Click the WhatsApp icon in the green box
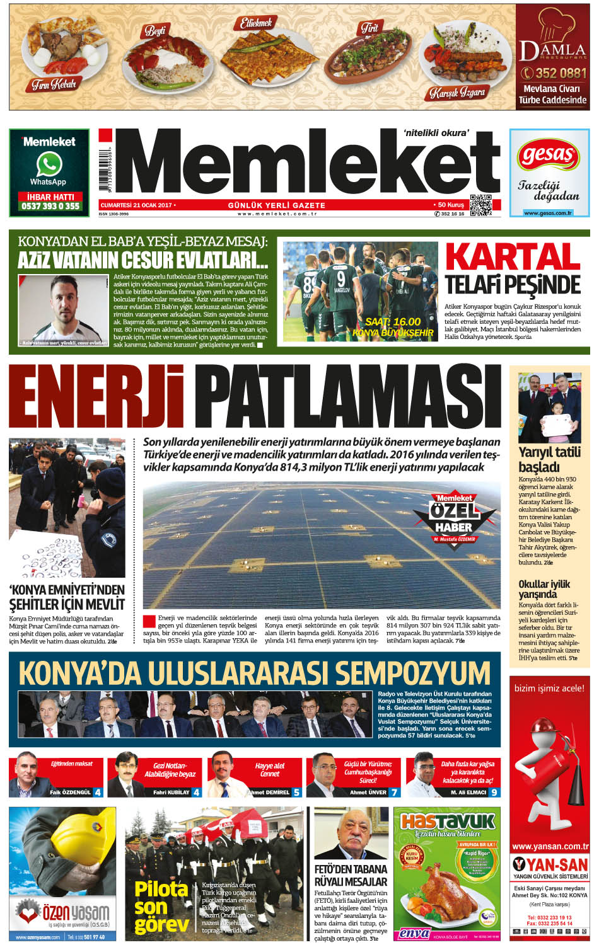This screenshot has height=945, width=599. (49, 164)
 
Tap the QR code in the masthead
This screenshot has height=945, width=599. (480, 205)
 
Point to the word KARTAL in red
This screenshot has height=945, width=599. (513, 257)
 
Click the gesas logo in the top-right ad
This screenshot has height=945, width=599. (549, 154)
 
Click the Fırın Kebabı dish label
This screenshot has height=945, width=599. (54, 84)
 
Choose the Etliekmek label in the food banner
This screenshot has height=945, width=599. (256, 24)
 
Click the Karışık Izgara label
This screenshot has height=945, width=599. (457, 93)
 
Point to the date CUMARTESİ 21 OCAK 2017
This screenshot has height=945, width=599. (136, 205)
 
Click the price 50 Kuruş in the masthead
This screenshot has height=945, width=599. (450, 205)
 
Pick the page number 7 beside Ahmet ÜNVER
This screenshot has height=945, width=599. (394, 792)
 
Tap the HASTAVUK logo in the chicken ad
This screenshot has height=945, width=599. (448, 822)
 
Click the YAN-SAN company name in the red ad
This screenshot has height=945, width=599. (550, 864)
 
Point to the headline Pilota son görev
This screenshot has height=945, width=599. (161, 907)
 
